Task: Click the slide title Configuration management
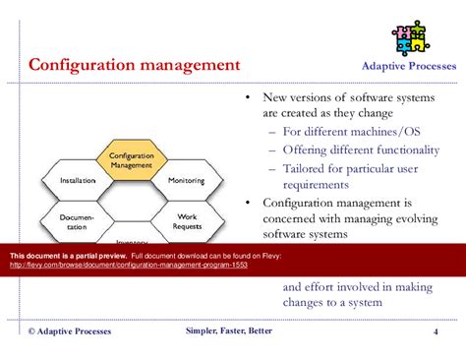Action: [x=133, y=67]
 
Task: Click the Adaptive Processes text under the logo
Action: [x=405, y=69]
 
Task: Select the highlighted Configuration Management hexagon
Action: [x=131, y=160]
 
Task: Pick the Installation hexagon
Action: [x=78, y=181]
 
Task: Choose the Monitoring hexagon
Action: [x=186, y=181]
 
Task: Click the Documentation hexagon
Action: [x=77, y=221]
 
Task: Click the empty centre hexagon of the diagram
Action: [x=132, y=202]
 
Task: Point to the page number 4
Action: [x=436, y=331]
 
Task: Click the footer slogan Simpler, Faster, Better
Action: [x=233, y=331]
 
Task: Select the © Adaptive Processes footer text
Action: [x=69, y=331]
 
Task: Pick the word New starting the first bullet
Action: [x=277, y=97]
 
